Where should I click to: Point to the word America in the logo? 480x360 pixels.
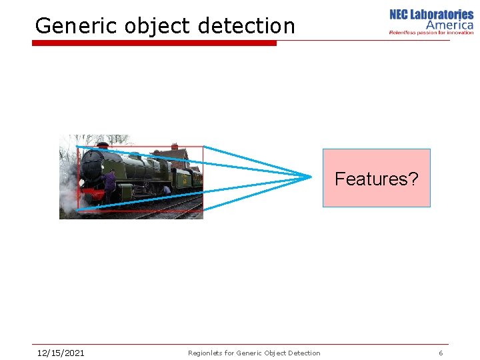[449, 25]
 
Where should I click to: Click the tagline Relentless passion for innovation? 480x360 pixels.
[431, 32]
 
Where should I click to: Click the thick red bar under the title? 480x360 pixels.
[154, 43]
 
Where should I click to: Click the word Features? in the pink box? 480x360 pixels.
[376, 179]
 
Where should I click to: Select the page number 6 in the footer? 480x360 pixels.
[441, 353]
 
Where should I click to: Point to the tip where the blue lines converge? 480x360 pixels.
[311, 177]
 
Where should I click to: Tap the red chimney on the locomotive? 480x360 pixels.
[102, 145]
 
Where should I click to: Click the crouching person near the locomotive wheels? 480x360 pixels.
[166, 190]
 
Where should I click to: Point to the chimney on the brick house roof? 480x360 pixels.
[175, 146]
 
